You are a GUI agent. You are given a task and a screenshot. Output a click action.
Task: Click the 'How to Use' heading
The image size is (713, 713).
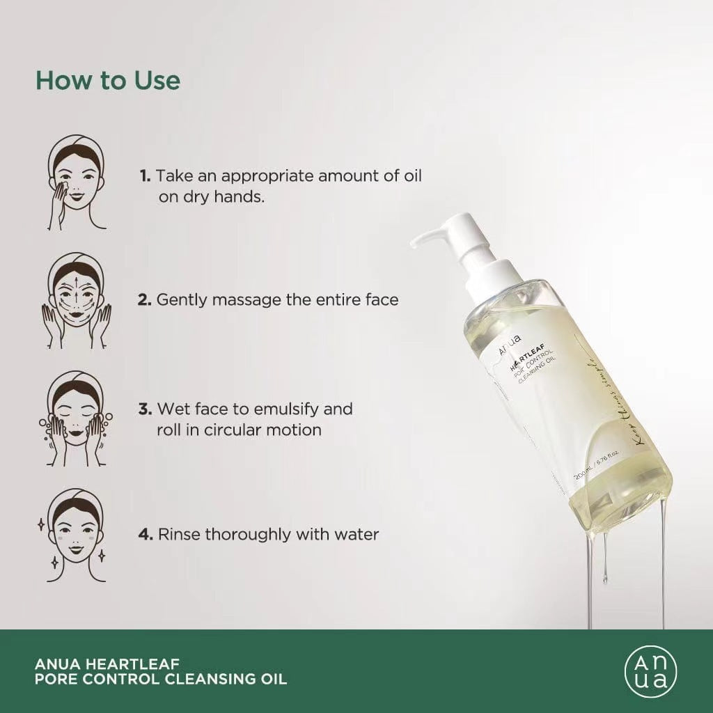click(108, 80)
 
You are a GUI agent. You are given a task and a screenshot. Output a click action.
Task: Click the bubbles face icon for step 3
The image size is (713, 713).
click(76, 418)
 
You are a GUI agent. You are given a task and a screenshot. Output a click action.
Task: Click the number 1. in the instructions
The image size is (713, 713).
click(145, 176)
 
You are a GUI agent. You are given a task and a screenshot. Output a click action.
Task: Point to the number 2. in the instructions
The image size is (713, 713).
click(145, 299)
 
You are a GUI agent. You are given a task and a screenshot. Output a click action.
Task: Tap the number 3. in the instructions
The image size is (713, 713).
click(146, 408)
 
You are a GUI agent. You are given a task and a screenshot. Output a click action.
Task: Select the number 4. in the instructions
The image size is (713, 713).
click(146, 535)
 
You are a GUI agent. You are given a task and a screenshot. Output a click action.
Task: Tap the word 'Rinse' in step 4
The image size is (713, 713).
click(180, 535)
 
